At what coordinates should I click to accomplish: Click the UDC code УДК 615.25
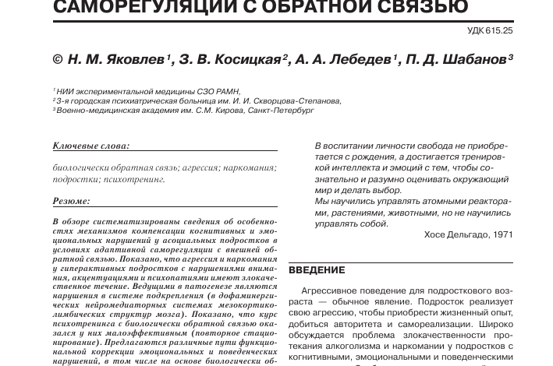pyautogui.click(x=490, y=31)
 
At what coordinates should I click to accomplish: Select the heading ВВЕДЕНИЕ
pyautogui.click(x=317, y=270)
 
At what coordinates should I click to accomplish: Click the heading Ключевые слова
pyautogui.click(x=90, y=146)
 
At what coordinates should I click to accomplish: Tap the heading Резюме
pyautogui.click(x=71, y=201)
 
